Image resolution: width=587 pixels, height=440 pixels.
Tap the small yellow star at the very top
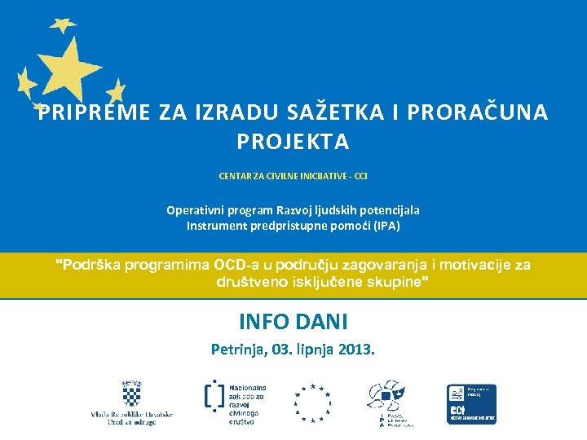point(63,24)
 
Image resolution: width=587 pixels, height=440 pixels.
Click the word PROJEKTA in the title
point(293,142)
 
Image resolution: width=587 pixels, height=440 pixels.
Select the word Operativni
point(196,210)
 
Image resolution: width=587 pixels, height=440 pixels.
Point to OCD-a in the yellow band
point(236,265)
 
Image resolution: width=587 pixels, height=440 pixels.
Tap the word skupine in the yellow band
point(391,282)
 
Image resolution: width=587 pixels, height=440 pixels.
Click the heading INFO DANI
point(293,321)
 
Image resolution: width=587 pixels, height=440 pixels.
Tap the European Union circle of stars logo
point(312,403)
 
